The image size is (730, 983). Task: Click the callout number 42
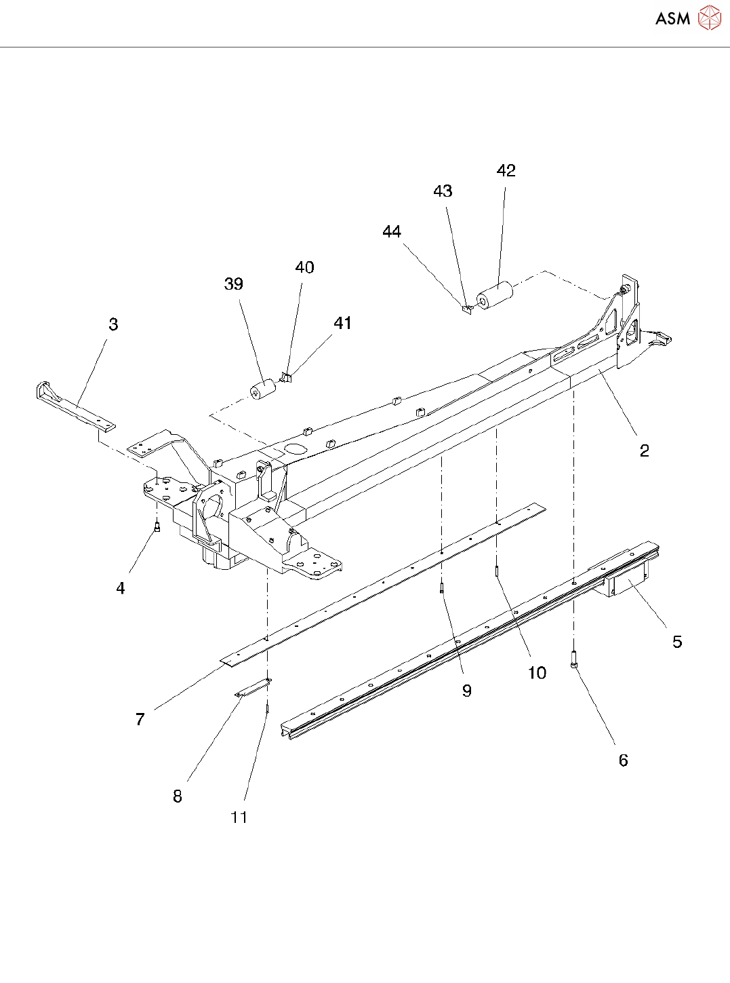506,171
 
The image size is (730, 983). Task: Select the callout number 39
233,284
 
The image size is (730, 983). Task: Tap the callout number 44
391,232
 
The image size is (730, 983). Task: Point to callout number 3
113,325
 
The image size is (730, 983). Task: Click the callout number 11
239,817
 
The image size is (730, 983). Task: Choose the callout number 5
676,642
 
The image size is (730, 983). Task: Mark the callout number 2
644,450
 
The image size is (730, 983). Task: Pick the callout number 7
140,719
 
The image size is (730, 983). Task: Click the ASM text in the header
672,18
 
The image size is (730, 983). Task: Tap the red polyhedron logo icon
709,18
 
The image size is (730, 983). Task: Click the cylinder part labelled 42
495,296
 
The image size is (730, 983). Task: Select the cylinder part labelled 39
263,389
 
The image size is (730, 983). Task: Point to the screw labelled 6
574,659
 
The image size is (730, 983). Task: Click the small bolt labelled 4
157,526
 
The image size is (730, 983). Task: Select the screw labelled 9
441,587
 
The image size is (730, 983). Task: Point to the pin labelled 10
497,572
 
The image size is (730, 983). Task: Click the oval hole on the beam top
296,448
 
